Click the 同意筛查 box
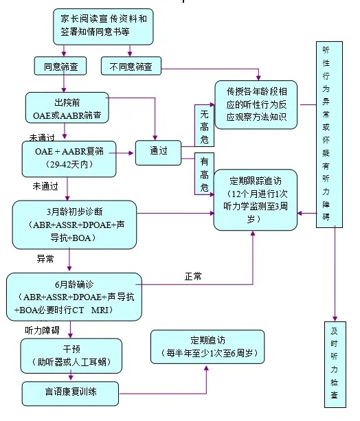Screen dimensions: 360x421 60,66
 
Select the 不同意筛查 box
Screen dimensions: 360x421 131,66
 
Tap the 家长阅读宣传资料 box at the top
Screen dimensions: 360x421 103,27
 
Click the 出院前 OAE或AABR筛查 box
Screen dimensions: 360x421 67,108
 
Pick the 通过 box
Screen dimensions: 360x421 158,152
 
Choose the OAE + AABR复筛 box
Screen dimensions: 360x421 69,159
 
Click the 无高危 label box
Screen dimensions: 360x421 205,126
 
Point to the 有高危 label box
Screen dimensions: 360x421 205,174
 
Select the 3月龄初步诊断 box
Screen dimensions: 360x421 74,225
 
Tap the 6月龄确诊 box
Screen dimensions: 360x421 74,297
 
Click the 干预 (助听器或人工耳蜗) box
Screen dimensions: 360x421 71,356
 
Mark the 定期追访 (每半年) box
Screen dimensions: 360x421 207,347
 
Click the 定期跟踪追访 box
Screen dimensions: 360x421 256,200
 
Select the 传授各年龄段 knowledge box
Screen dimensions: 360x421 256,104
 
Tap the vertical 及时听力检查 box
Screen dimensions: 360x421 335,365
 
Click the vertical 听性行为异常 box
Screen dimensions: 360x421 329,135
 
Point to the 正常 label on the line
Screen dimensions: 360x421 193,276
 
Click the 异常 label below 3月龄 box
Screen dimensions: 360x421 45,259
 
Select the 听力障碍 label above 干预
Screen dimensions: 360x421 42,330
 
